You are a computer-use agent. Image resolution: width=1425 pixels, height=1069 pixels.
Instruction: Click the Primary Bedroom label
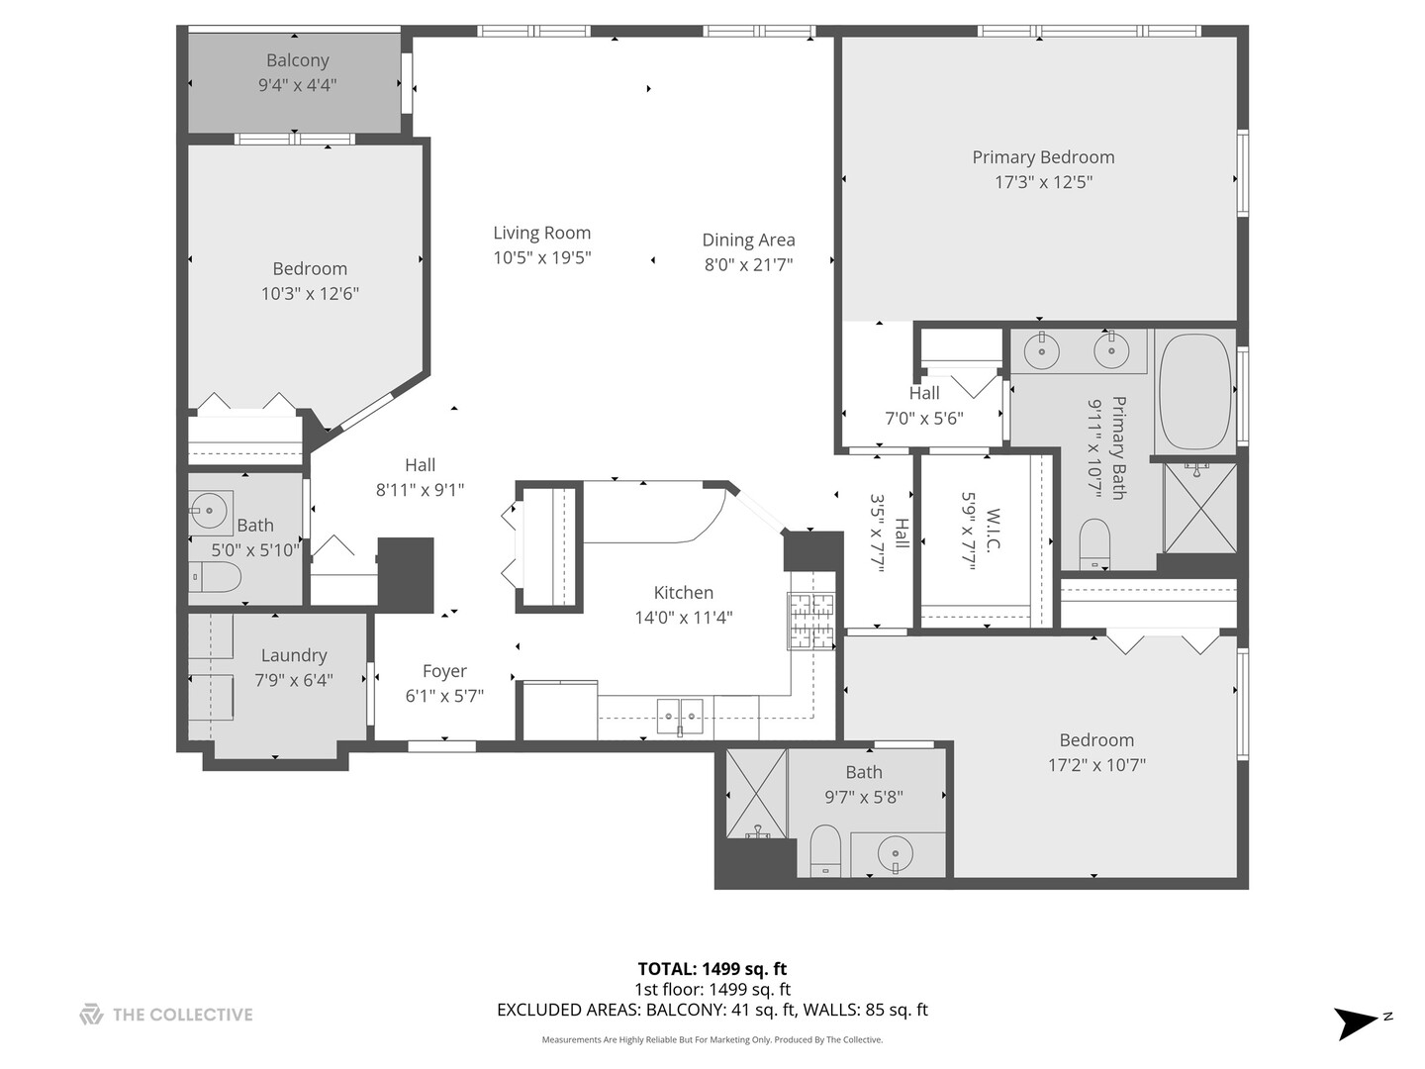click(x=1043, y=156)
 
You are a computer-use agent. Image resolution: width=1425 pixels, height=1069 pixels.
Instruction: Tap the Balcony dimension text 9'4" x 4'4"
click(x=297, y=85)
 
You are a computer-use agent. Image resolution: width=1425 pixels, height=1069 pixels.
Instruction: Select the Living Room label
click(x=542, y=233)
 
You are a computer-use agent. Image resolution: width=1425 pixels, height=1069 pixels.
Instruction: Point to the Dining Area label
click(x=748, y=240)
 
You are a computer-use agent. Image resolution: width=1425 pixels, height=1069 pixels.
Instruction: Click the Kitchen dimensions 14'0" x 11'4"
click(x=684, y=618)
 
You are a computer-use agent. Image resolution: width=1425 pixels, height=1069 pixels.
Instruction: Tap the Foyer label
click(x=444, y=671)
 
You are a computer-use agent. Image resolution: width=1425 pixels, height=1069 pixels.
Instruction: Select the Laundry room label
click(x=294, y=655)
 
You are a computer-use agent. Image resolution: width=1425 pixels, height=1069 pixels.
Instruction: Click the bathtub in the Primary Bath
click(x=1194, y=392)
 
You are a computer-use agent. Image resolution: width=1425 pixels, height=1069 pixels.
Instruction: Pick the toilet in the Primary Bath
click(x=1094, y=543)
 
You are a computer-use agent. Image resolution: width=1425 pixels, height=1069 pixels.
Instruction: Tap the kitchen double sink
click(x=680, y=714)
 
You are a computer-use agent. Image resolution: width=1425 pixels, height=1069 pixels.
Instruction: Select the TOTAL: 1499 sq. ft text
click(x=712, y=969)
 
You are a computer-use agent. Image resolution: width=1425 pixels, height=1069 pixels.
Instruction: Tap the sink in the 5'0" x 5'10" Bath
click(x=208, y=511)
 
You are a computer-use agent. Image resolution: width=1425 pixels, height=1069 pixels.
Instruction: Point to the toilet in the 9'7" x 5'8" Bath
click(x=824, y=851)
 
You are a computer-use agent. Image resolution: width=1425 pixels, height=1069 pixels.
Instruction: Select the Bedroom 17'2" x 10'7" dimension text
click(x=1096, y=765)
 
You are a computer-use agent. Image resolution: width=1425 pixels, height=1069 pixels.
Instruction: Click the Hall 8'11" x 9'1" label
click(x=420, y=465)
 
